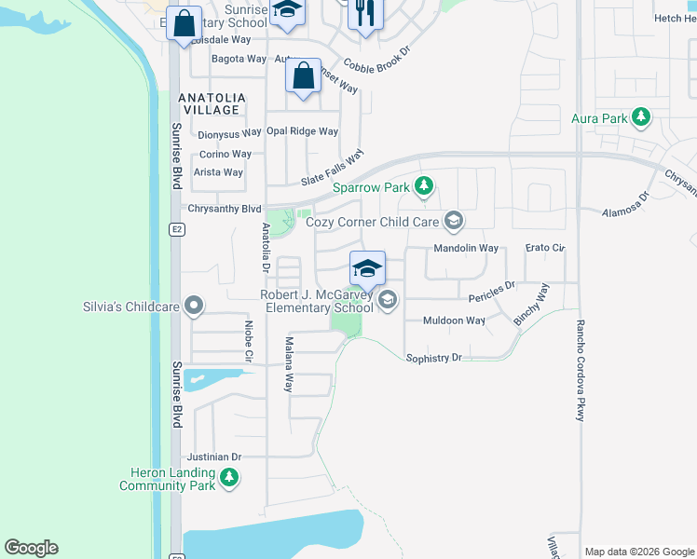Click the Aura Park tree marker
pos(640,118)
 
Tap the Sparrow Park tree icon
pos(424,187)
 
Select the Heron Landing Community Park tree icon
pos(228,479)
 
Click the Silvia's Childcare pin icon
pos(194,306)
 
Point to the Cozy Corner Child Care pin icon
pos(454,222)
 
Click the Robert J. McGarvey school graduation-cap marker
pos(367,268)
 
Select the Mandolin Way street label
pos(466,249)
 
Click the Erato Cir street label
pos(545,249)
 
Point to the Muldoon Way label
pos(455,320)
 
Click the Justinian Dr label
pos(214,457)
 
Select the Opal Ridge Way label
pos(302,131)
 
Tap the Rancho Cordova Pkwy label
pos(580,371)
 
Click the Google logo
pos(31,548)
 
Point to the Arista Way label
pos(218,172)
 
